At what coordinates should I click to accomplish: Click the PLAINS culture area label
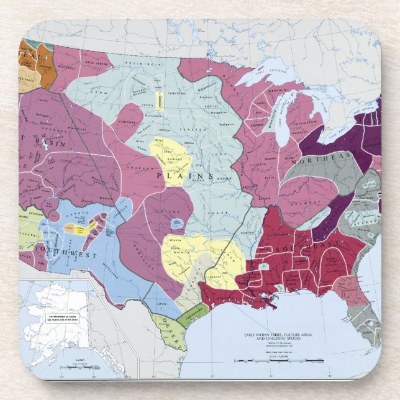click(x=184, y=176)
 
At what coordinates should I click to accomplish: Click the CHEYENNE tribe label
click(x=126, y=122)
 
